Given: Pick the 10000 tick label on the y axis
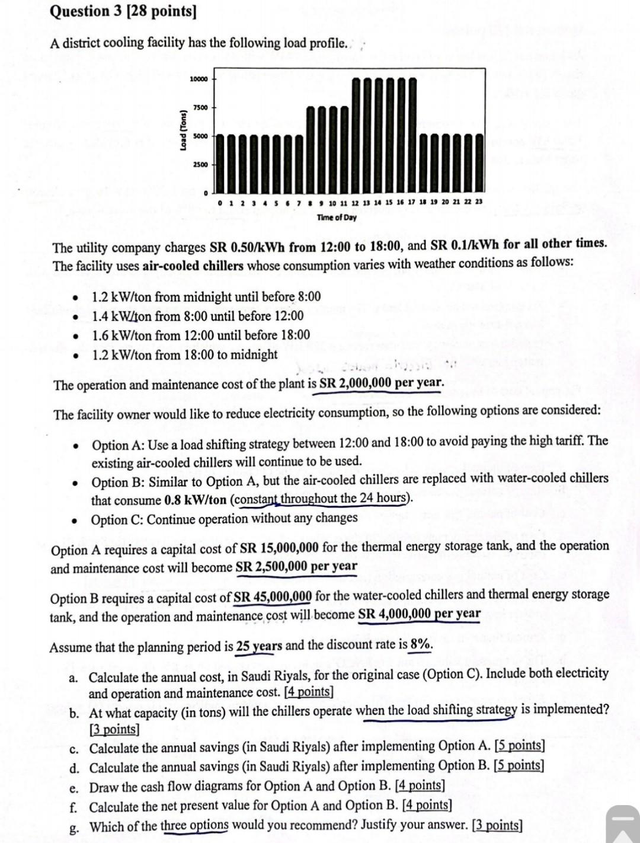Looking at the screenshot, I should (x=198, y=79).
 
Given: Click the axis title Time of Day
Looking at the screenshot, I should (x=337, y=218).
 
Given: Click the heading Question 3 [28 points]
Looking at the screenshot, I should (x=123, y=12).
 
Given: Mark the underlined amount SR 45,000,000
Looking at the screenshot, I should (x=273, y=596).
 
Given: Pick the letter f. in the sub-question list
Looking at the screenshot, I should (x=73, y=807).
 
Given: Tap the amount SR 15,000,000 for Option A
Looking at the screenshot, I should (x=278, y=548).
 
